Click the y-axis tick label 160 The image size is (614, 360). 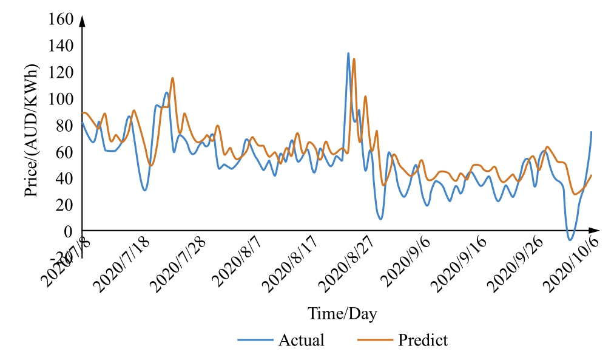60,20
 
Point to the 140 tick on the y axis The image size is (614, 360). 60,46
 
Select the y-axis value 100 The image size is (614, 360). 60,99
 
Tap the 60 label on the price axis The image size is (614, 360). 64,152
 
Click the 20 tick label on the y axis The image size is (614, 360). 64,205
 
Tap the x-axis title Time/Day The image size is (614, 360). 342,314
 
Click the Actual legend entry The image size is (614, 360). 301,340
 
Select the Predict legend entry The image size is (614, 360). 423,340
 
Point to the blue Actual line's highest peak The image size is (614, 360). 348,53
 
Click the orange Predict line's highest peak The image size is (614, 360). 354,59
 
